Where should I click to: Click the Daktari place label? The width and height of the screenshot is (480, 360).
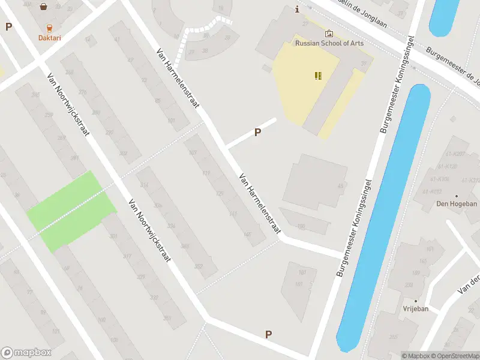[50, 37]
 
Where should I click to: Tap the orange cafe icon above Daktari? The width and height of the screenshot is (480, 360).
[50, 27]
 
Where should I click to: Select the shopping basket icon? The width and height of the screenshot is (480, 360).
[44, 7]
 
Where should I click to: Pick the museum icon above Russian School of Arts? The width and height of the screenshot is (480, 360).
[329, 34]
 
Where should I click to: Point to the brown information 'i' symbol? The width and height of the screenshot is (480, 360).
[297, 9]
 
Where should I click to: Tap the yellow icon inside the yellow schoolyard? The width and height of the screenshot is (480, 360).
[318, 76]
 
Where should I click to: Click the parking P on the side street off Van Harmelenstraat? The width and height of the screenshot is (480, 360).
[258, 133]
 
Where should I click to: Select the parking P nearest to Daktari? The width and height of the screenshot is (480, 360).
[8, 26]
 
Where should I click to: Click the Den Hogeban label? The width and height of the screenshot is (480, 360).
[456, 204]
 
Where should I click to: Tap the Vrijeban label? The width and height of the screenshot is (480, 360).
[415, 309]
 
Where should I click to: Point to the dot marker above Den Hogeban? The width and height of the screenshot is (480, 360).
[456, 196]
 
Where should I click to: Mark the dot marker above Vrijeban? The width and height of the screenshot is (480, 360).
[415, 301]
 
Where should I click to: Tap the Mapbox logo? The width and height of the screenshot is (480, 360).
[26, 353]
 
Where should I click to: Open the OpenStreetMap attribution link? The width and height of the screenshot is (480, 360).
[454, 356]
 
